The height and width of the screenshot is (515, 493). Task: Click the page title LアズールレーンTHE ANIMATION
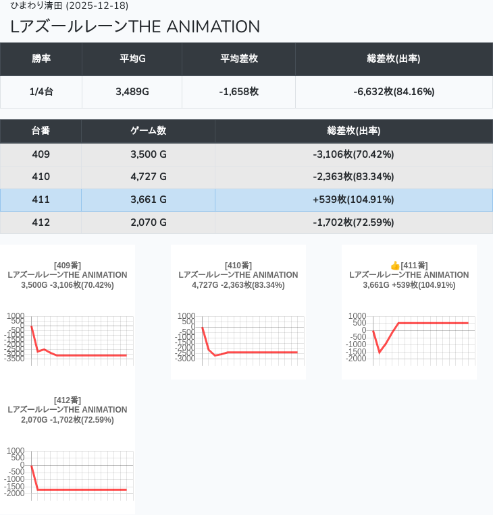[135, 27]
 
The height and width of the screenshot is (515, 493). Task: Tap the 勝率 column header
[41, 59]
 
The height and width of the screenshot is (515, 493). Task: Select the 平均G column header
[132, 59]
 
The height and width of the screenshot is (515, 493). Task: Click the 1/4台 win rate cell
[41, 92]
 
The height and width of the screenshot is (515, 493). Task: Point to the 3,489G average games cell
[132, 92]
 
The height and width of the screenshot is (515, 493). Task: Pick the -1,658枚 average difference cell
[238, 92]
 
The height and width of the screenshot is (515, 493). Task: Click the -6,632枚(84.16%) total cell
[394, 92]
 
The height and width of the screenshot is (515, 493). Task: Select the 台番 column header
[41, 131]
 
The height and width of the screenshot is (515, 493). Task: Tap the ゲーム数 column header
[148, 131]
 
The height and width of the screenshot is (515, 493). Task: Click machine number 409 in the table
[41, 154]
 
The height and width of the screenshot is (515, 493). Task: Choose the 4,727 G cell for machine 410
[148, 177]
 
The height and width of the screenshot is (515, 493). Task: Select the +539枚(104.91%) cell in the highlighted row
[353, 200]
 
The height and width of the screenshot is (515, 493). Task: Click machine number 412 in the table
[41, 222]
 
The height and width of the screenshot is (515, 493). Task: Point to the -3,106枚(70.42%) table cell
[353, 154]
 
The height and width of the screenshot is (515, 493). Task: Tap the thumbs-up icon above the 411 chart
[395, 266]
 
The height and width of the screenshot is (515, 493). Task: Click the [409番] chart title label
[68, 266]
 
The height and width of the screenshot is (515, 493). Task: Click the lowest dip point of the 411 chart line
[380, 352]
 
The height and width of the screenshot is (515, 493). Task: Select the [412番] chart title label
[68, 400]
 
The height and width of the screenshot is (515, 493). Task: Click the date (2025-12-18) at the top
[97, 6]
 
